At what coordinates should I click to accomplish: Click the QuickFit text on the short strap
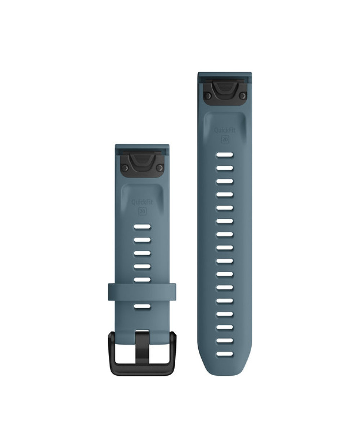pos(142,202)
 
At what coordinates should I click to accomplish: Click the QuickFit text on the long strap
pos(225,130)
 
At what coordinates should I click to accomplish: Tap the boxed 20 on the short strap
pos(143,211)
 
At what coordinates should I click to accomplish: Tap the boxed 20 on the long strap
pos(225,139)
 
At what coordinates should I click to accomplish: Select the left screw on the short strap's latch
pos(125,167)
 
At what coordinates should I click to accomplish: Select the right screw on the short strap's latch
pos(160,167)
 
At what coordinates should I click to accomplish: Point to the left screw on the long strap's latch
pos(207,96)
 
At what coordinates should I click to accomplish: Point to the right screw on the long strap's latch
pos(242,96)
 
